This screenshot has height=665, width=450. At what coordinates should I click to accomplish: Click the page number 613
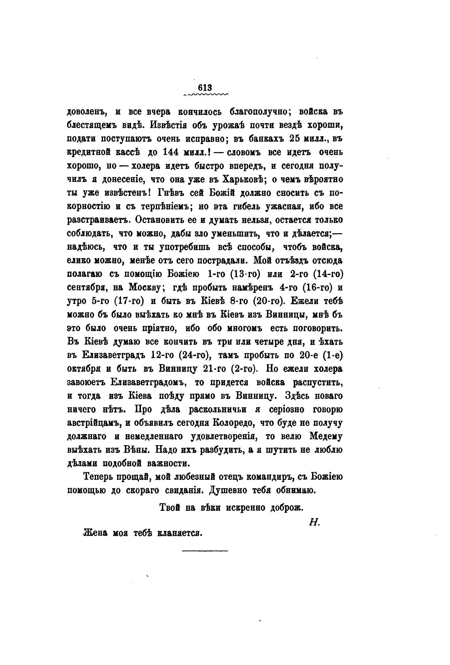[x=206, y=88]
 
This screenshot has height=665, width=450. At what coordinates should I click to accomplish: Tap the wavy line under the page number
[x=206, y=95]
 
